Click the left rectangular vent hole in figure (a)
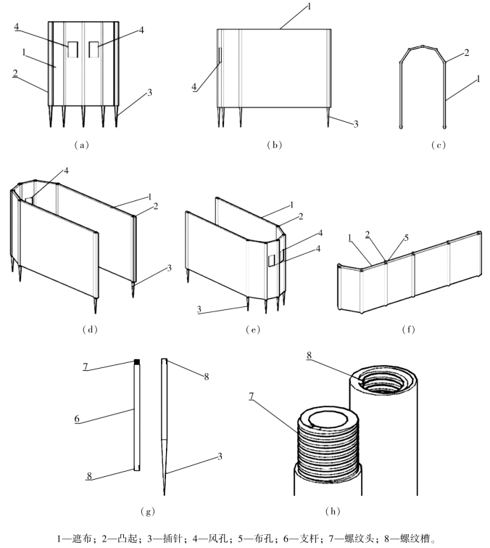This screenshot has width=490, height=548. point(74,49)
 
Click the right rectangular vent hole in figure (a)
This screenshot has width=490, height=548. point(93,49)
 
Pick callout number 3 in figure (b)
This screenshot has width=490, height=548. point(356,124)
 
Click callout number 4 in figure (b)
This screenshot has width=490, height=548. point(194,86)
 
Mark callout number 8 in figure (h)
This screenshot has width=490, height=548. point(310,355)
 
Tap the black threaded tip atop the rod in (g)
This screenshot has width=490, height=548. point(135,362)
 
